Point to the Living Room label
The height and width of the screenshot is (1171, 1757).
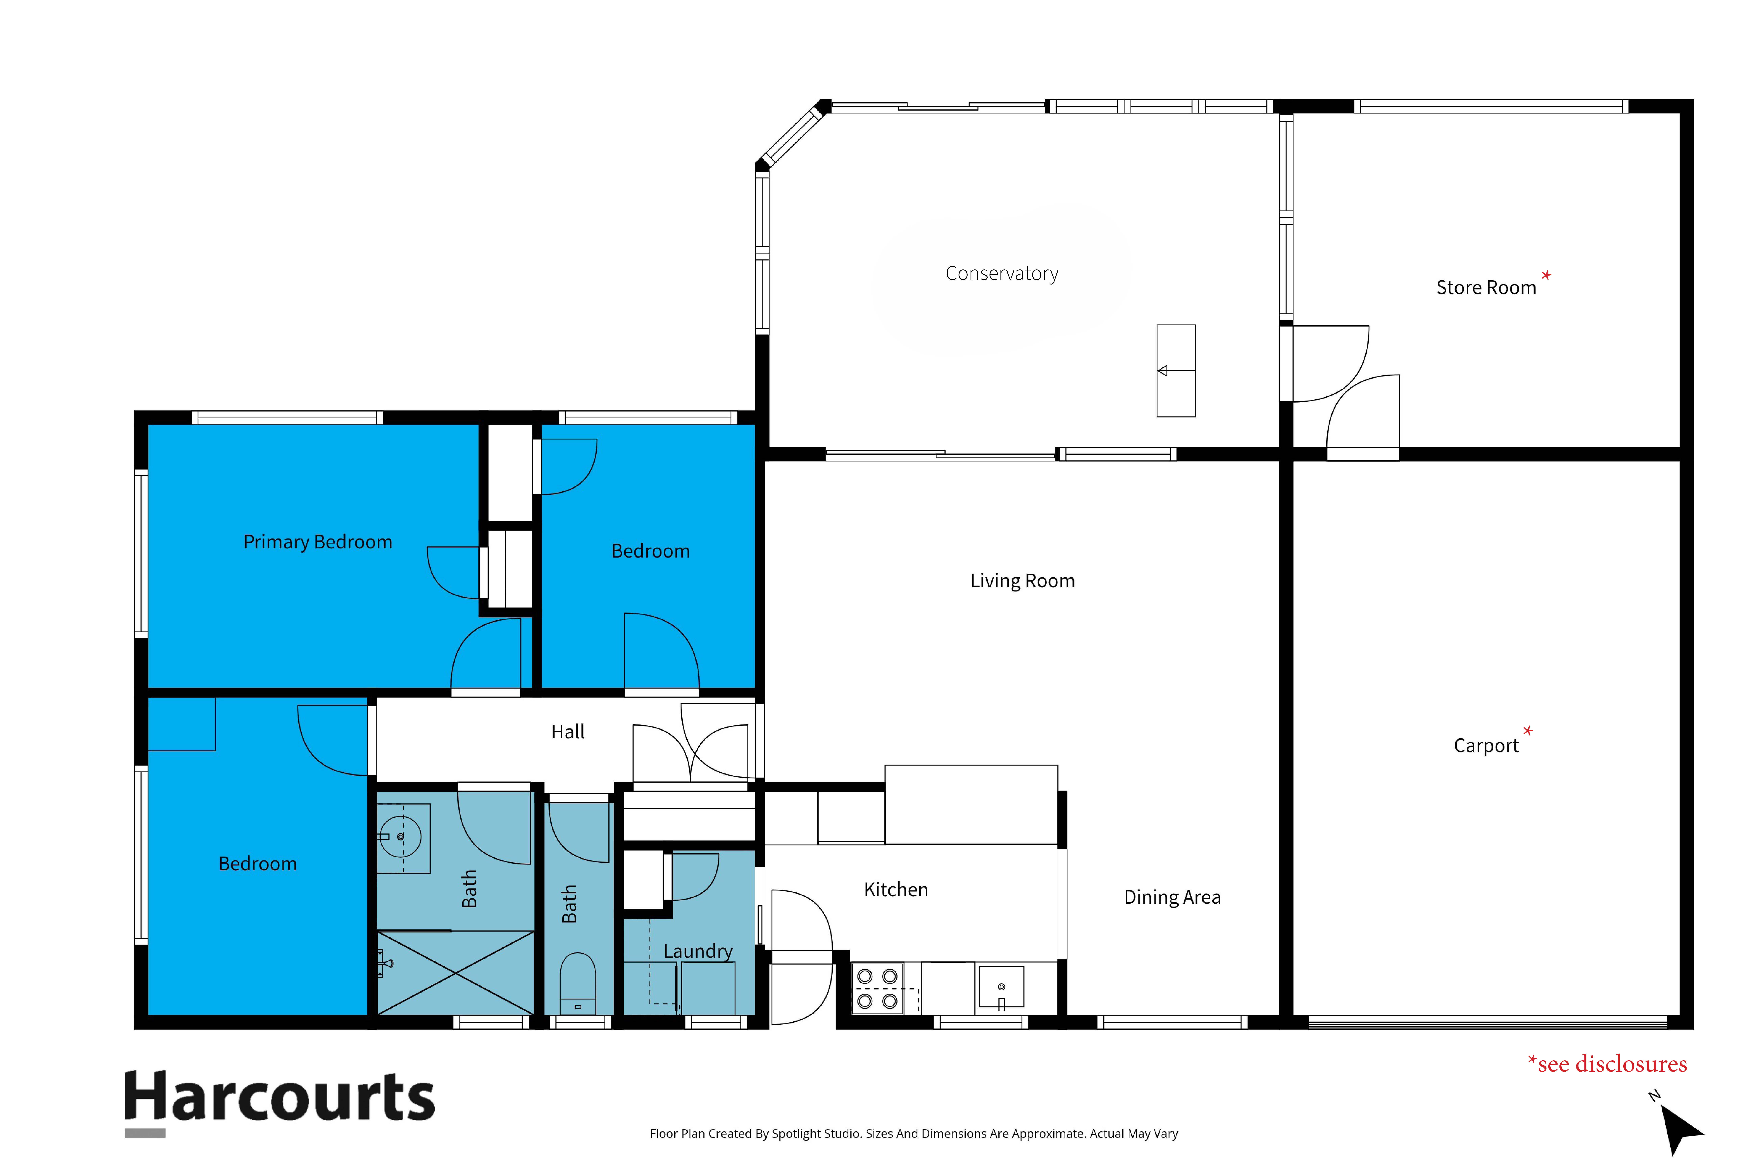point(1022,581)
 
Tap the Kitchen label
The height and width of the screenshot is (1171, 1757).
point(896,889)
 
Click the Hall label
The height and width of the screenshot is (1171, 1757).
point(568,732)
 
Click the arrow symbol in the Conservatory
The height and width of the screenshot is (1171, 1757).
point(1175,370)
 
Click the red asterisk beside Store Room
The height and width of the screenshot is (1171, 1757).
point(1546,276)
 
